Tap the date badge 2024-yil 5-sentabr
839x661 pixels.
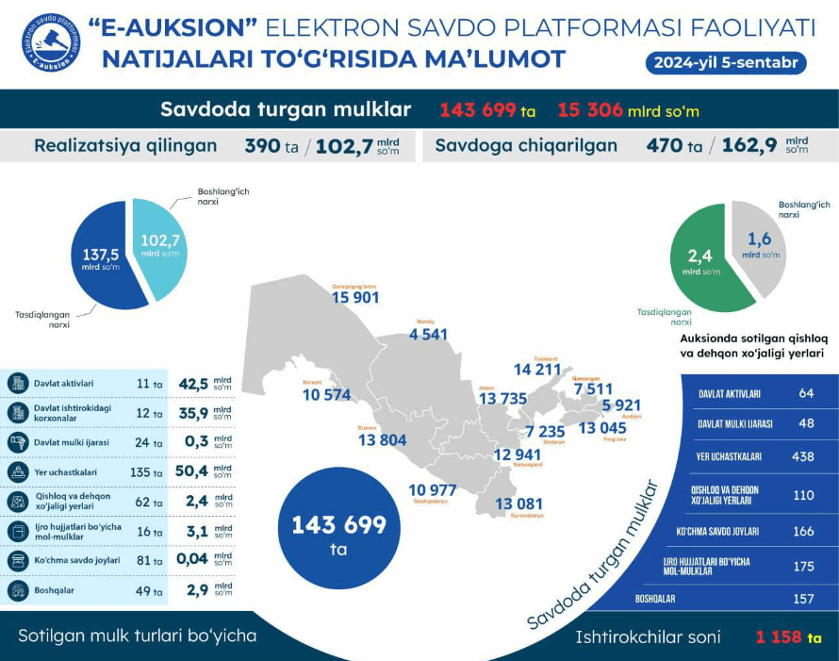[x=725, y=63]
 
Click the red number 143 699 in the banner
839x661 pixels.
[x=478, y=110]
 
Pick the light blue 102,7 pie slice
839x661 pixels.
[x=161, y=244]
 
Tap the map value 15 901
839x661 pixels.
[x=355, y=298]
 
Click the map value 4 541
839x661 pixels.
[x=428, y=334]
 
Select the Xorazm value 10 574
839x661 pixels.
[x=327, y=395]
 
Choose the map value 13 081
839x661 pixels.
[x=519, y=504]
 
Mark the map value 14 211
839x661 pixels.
[x=537, y=370]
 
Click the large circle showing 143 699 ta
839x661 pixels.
[x=339, y=531]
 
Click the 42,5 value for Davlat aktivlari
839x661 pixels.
[x=193, y=385]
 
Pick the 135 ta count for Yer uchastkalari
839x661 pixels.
[x=147, y=472]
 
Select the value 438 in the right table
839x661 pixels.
[x=803, y=456]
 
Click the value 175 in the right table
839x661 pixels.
[x=803, y=567]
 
